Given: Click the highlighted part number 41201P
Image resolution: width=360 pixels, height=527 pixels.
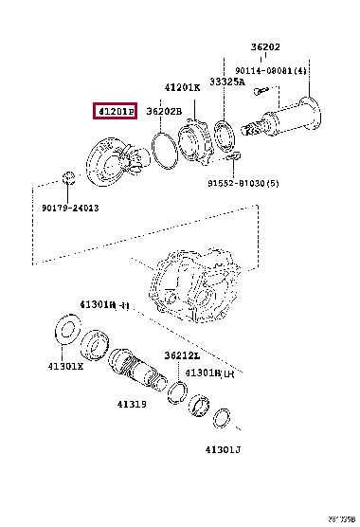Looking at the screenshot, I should point(115,112).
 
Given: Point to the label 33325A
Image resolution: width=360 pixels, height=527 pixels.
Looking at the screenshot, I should point(226,82).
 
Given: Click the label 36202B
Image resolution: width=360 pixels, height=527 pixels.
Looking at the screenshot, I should point(162,112).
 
